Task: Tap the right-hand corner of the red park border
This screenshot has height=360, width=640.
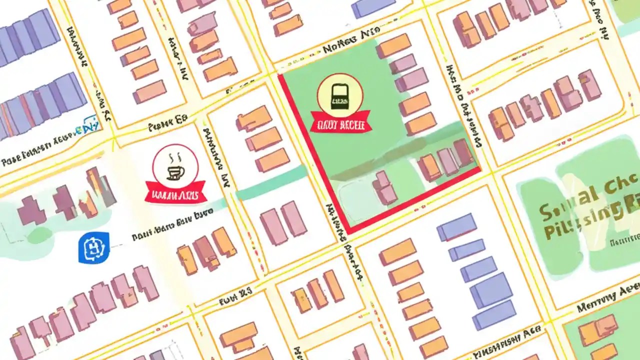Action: click(x=480, y=169)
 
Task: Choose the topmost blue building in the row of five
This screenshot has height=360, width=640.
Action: click(x=456, y=226)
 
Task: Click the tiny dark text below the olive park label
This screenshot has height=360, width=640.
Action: click(x=624, y=241)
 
